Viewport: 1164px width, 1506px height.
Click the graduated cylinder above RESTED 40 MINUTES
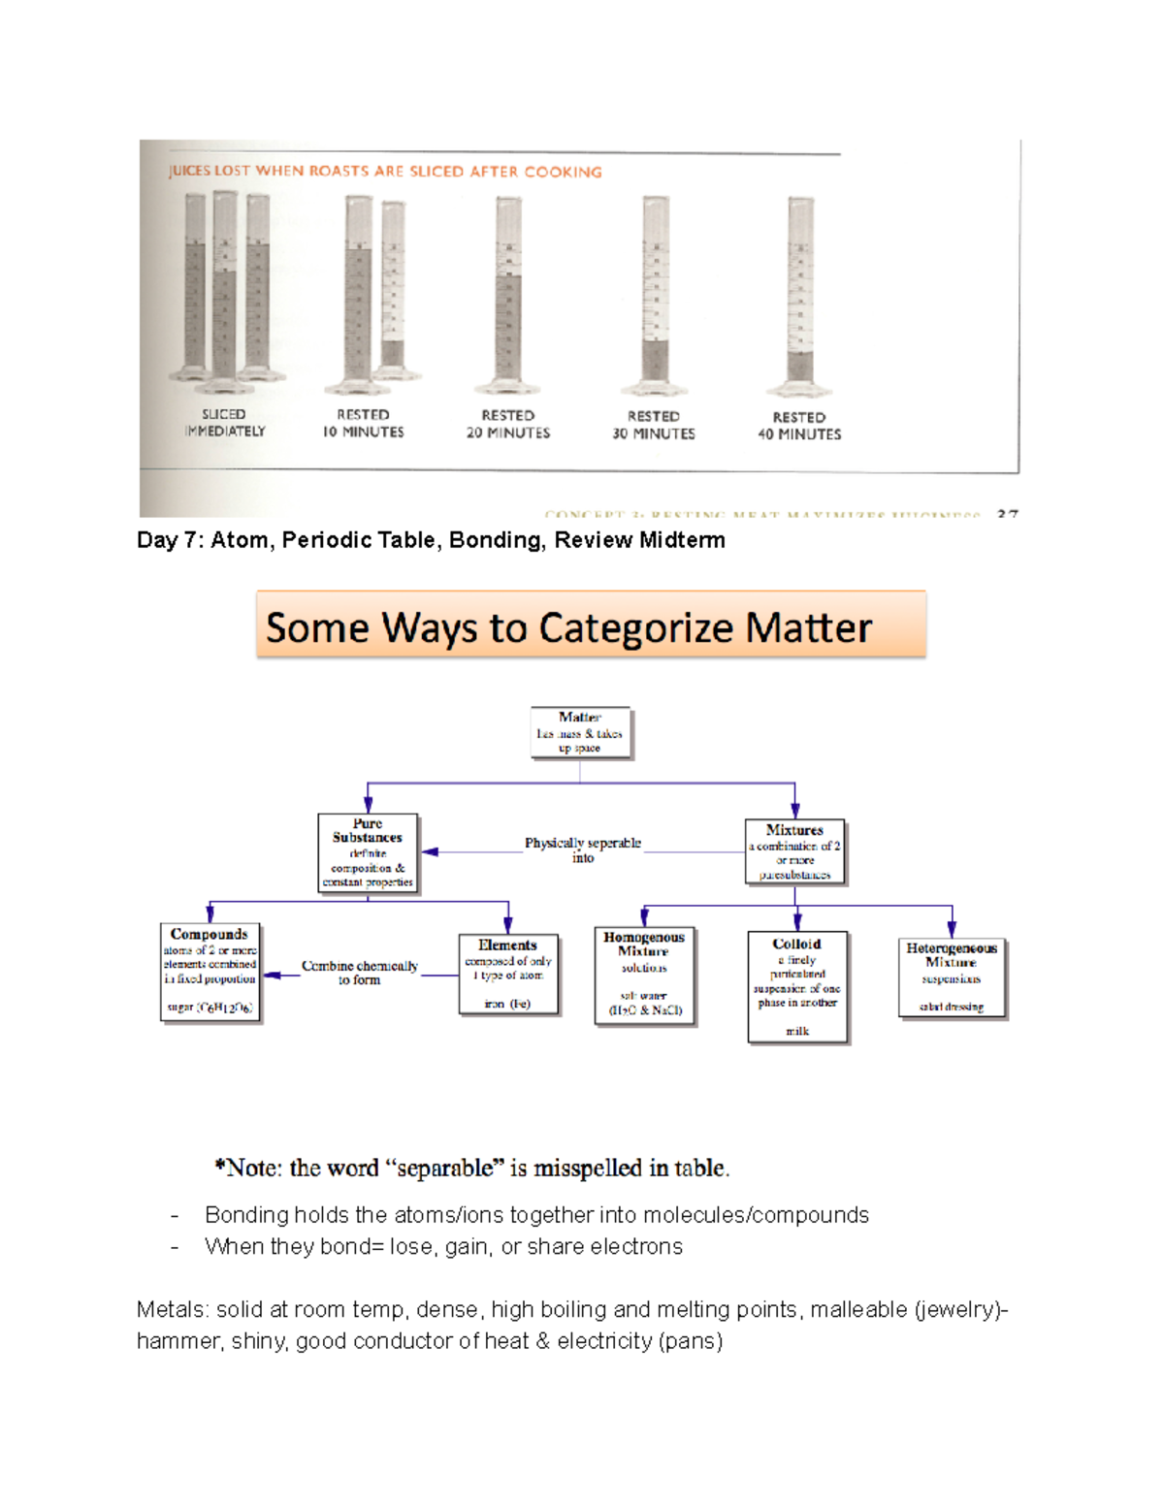[800, 296]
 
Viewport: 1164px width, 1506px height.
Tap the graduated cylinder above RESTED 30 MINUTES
[656, 296]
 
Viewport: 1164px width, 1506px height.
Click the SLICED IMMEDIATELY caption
[224, 423]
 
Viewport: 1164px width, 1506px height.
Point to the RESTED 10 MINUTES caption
[363, 424]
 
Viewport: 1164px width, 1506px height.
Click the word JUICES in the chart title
[189, 172]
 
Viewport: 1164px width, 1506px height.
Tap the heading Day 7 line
[431, 540]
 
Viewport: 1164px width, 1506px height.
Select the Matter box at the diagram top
[580, 732]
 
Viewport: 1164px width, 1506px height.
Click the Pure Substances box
[368, 852]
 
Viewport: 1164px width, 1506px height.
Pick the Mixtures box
[794, 851]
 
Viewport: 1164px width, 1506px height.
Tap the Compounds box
[210, 972]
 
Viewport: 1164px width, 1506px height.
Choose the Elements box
[507, 974]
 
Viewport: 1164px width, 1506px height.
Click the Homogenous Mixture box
[644, 975]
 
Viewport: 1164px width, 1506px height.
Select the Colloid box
[796, 986]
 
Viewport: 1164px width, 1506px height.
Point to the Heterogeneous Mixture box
[952, 977]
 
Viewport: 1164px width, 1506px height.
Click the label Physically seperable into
[582, 850]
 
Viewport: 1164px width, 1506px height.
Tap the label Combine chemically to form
[359, 973]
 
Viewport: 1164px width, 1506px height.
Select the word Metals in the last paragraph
[171, 1310]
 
